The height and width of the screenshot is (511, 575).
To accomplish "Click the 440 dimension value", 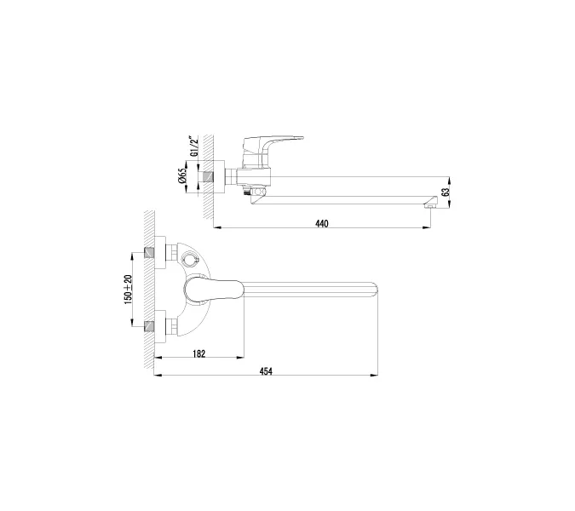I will [x=321, y=223].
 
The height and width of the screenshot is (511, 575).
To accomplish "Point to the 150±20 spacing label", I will [x=129, y=290].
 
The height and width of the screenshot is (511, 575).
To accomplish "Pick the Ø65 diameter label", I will [x=182, y=177].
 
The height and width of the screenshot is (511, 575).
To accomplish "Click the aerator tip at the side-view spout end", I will [x=433, y=202].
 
